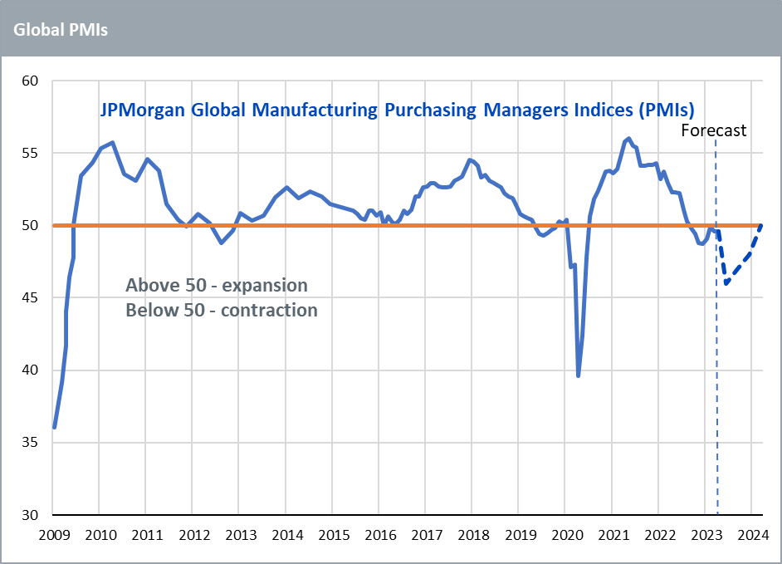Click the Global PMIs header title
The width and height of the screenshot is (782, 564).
coord(60,30)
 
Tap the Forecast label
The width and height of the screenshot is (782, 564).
coord(713,130)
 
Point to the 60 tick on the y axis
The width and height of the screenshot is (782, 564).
coord(32,81)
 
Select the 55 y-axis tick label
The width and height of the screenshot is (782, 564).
coord(32,153)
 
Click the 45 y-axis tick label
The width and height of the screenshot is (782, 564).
coord(32,297)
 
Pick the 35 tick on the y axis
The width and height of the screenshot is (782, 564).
coord(32,443)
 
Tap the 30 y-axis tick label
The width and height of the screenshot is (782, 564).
coord(32,515)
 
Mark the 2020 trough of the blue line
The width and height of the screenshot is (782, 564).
coord(579,375)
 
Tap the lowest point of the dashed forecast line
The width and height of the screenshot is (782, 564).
coord(726,283)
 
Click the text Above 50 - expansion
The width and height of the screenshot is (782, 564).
coord(217,285)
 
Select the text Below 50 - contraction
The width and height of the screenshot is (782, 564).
coord(222,310)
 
